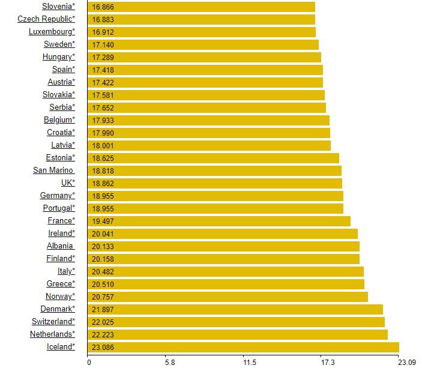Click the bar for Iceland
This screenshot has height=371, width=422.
click(x=243, y=347)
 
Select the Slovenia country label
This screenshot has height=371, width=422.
click(x=59, y=7)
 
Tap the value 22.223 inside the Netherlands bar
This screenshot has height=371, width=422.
click(x=103, y=334)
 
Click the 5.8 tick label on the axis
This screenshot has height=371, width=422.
click(x=169, y=363)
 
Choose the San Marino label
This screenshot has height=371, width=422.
click(x=53, y=170)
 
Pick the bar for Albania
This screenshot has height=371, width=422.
click(x=223, y=246)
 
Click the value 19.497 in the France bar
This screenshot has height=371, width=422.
click(x=103, y=221)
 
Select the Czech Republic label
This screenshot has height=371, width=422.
click(x=46, y=19)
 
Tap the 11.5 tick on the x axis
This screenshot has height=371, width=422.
click(x=250, y=363)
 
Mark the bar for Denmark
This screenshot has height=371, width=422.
click(x=235, y=309)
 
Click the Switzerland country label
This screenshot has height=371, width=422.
click(x=53, y=322)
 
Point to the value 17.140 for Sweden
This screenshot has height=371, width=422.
click(x=103, y=44)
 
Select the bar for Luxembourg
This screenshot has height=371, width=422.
click(x=202, y=32)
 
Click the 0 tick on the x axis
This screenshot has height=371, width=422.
click(x=88, y=363)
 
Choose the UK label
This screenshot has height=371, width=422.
click(x=68, y=183)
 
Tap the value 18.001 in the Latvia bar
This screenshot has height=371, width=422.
click(x=103, y=145)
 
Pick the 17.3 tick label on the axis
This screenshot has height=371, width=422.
click(x=328, y=363)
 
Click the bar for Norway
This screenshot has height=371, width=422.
click(x=228, y=297)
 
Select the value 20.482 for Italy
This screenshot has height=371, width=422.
click(x=103, y=271)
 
